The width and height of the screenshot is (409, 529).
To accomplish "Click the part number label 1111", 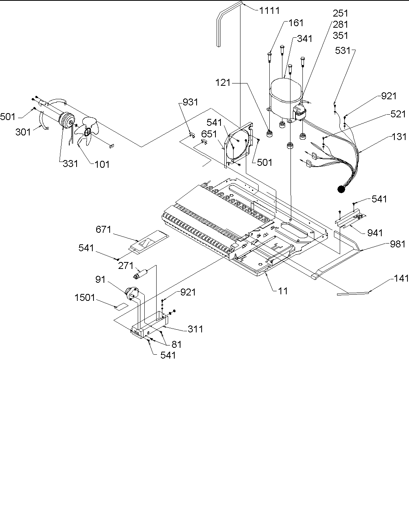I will tap(269, 10).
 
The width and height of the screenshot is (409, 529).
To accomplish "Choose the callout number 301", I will tap(23, 132).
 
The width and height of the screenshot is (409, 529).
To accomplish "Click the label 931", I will tap(190, 102).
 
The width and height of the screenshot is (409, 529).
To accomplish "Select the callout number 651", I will tap(209, 134).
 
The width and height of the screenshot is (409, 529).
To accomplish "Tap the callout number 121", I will tap(223, 82).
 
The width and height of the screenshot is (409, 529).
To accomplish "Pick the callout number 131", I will tap(399, 136).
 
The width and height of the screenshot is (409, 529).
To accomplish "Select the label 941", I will tap(375, 232).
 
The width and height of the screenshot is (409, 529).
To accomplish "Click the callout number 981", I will tap(397, 244).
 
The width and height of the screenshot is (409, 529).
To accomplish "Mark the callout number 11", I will tap(283, 291).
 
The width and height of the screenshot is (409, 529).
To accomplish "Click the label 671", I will tap(104, 230).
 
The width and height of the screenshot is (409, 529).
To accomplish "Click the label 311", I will tap(195, 329).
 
